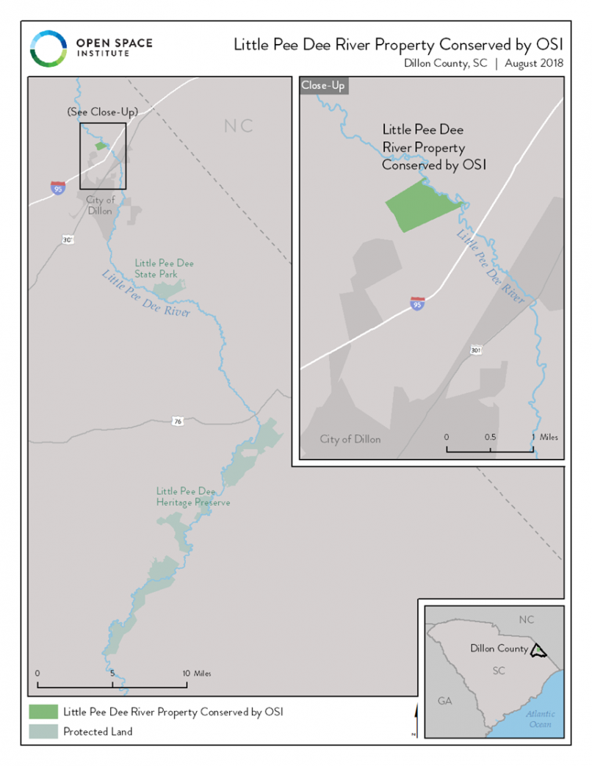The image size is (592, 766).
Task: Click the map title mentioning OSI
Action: pos(398,45)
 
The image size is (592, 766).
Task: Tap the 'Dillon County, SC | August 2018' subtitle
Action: pos(483,63)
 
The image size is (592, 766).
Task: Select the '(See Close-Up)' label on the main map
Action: pos(102,112)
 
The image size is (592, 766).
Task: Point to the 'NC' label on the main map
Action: pos(239,126)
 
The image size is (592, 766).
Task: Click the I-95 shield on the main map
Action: pos(57,187)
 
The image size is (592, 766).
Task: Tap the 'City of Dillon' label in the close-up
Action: pos(350,439)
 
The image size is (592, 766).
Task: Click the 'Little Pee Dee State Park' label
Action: pos(164,268)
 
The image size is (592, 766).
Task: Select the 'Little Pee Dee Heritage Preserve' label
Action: pos(193,496)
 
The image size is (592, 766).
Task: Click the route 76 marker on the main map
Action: pos(177,422)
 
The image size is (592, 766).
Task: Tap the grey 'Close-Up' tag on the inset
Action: pos(323,85)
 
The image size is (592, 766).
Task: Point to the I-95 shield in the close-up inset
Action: pos(417,303)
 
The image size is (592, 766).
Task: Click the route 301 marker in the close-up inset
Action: pos(476,350)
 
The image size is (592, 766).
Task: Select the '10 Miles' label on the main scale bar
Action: pos(199,673)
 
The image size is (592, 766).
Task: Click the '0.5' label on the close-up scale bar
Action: pos(490,437)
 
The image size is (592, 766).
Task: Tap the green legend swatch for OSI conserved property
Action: pos(43,712)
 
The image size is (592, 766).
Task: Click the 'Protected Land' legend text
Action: pos(98,731)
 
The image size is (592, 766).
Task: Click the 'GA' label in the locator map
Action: pos(445,701)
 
